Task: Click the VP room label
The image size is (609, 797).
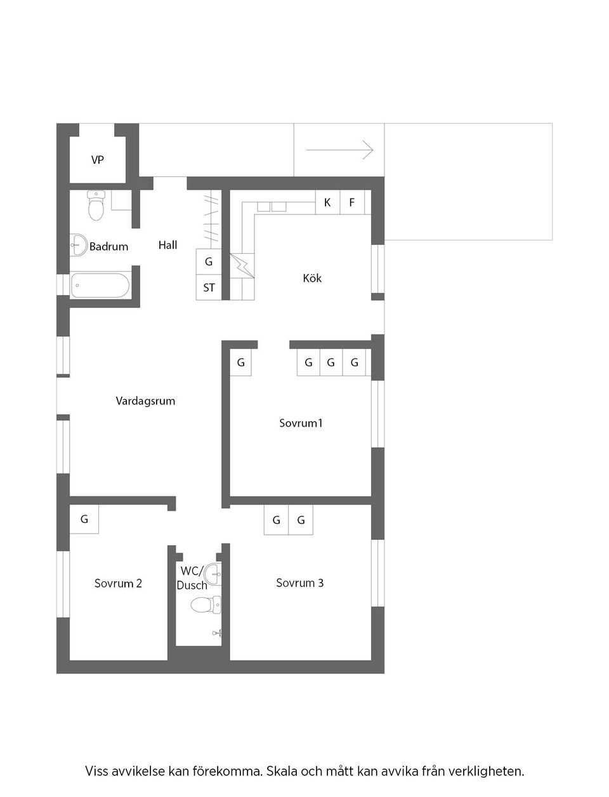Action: point(97,160)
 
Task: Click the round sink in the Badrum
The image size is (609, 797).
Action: point(79,245)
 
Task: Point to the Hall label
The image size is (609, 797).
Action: point(167,245)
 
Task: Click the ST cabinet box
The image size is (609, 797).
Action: point(209,287)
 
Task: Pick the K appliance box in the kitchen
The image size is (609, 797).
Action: point(327,202)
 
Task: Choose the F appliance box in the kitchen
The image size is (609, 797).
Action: point(352,202)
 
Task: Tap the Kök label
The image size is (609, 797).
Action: point(312,278)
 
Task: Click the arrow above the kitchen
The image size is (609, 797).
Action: point(339,150)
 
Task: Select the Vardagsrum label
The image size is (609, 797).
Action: point(145,401)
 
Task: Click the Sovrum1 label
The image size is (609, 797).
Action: point(301,423)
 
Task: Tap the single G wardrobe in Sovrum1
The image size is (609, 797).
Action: point(240,363)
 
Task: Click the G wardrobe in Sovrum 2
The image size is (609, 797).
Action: point(84,520)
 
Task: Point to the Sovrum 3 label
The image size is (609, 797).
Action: point(299,583)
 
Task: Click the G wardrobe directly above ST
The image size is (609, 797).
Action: point(209,261)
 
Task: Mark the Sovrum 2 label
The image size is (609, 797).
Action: point(118,583)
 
